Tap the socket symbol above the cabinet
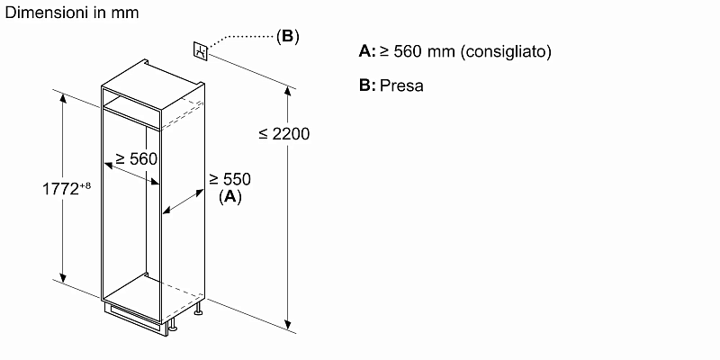point(202,50)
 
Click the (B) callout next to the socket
point(287,37)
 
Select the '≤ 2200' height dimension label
point(283,134)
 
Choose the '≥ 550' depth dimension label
point(229,180)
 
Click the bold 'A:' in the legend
point(366,52)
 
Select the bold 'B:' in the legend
point(366,86)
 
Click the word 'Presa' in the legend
point(401,86)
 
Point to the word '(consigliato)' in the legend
point(505,52)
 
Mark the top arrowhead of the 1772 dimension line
point(64,96)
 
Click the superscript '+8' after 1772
point(85,184)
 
